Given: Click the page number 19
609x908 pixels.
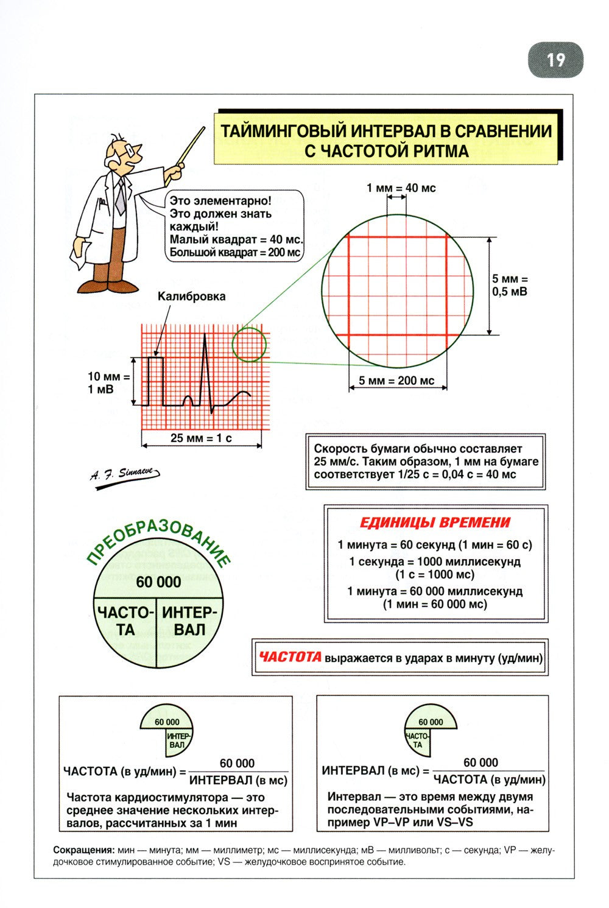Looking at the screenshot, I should (x=555, y=60).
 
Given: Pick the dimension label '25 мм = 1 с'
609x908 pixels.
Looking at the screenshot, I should (x=201, y=437).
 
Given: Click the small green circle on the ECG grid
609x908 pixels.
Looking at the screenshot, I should (x=249, y=344).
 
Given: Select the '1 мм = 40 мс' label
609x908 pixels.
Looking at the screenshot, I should (x=401, y=188).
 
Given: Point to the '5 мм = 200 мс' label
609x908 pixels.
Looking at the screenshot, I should (x=396, y=381).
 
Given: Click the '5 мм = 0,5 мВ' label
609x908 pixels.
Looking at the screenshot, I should (x=510, y=285).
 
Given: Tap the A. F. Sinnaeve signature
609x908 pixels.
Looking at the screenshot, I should (x=125, y=473).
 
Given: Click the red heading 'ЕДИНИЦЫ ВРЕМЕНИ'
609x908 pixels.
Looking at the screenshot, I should (x=435, y=522).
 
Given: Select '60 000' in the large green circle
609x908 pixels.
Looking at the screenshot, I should (x=158, y=582).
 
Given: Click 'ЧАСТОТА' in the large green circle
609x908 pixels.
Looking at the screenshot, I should (x=125, y=621).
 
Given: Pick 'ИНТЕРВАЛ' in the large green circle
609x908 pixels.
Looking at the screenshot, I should (x=189, y=621).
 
